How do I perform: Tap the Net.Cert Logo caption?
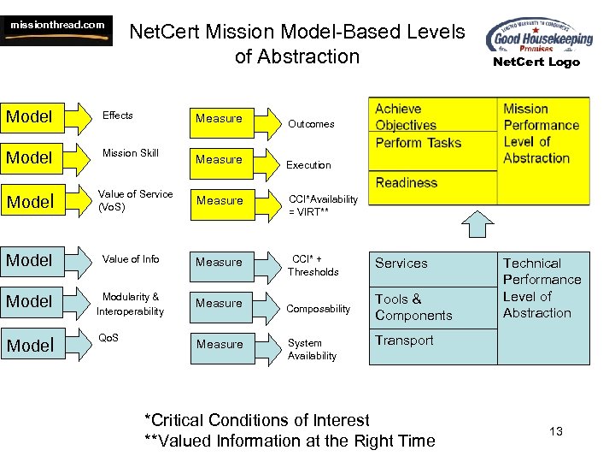coord(536,62)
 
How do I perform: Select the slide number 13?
coord(556,431)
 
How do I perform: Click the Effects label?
coord(118,115)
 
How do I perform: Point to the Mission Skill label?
coord(131,153)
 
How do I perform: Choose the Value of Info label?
coord(131,259)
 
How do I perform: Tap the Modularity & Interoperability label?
coord(131,305)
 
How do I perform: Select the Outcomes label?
coord(311,124)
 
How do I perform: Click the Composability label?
coord(319,309)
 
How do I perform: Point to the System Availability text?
coord(312,349)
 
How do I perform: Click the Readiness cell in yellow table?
coord(407,182)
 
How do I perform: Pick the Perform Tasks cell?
coord(419,143)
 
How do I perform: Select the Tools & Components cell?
coord(413,307)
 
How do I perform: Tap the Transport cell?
coord(404,341)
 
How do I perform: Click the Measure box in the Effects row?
coord(220,119)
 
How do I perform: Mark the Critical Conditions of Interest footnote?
coord(257,420)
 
